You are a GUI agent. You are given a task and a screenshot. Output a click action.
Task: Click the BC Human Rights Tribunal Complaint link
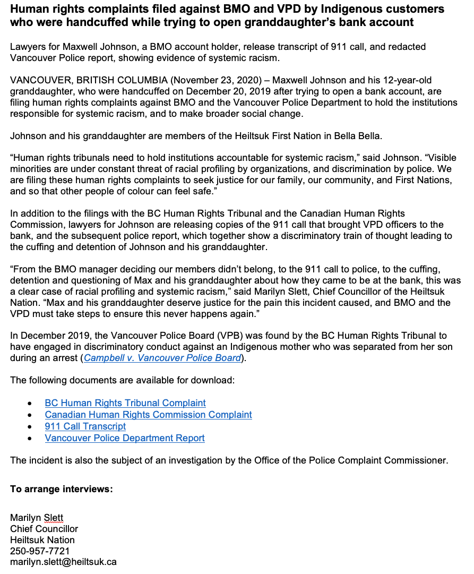(x=125, y=403)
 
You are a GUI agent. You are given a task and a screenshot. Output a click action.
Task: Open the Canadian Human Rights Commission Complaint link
(x=148, y=415)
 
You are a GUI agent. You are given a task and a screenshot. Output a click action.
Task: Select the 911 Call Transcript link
(x=85, y=426)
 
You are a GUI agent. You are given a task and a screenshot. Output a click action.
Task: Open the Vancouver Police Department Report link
(x=124, y=438)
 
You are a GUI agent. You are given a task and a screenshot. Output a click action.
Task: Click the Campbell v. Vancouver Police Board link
(x=162, y=358)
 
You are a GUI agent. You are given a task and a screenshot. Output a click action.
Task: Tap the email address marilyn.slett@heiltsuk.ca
(x=63, y=561)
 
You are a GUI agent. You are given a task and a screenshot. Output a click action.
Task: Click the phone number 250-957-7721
(x=40, y=551)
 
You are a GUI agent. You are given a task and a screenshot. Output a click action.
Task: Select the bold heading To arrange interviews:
(x=62, y=489)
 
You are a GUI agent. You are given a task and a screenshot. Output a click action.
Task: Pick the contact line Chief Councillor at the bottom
(x=44, y=529)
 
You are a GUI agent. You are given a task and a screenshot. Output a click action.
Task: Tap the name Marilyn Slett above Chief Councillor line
(x=37, y=518)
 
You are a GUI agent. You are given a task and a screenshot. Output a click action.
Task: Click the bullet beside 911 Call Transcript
(x=34, y=427)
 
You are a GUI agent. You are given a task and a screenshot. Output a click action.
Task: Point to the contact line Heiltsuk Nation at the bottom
(x=42, y=540)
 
